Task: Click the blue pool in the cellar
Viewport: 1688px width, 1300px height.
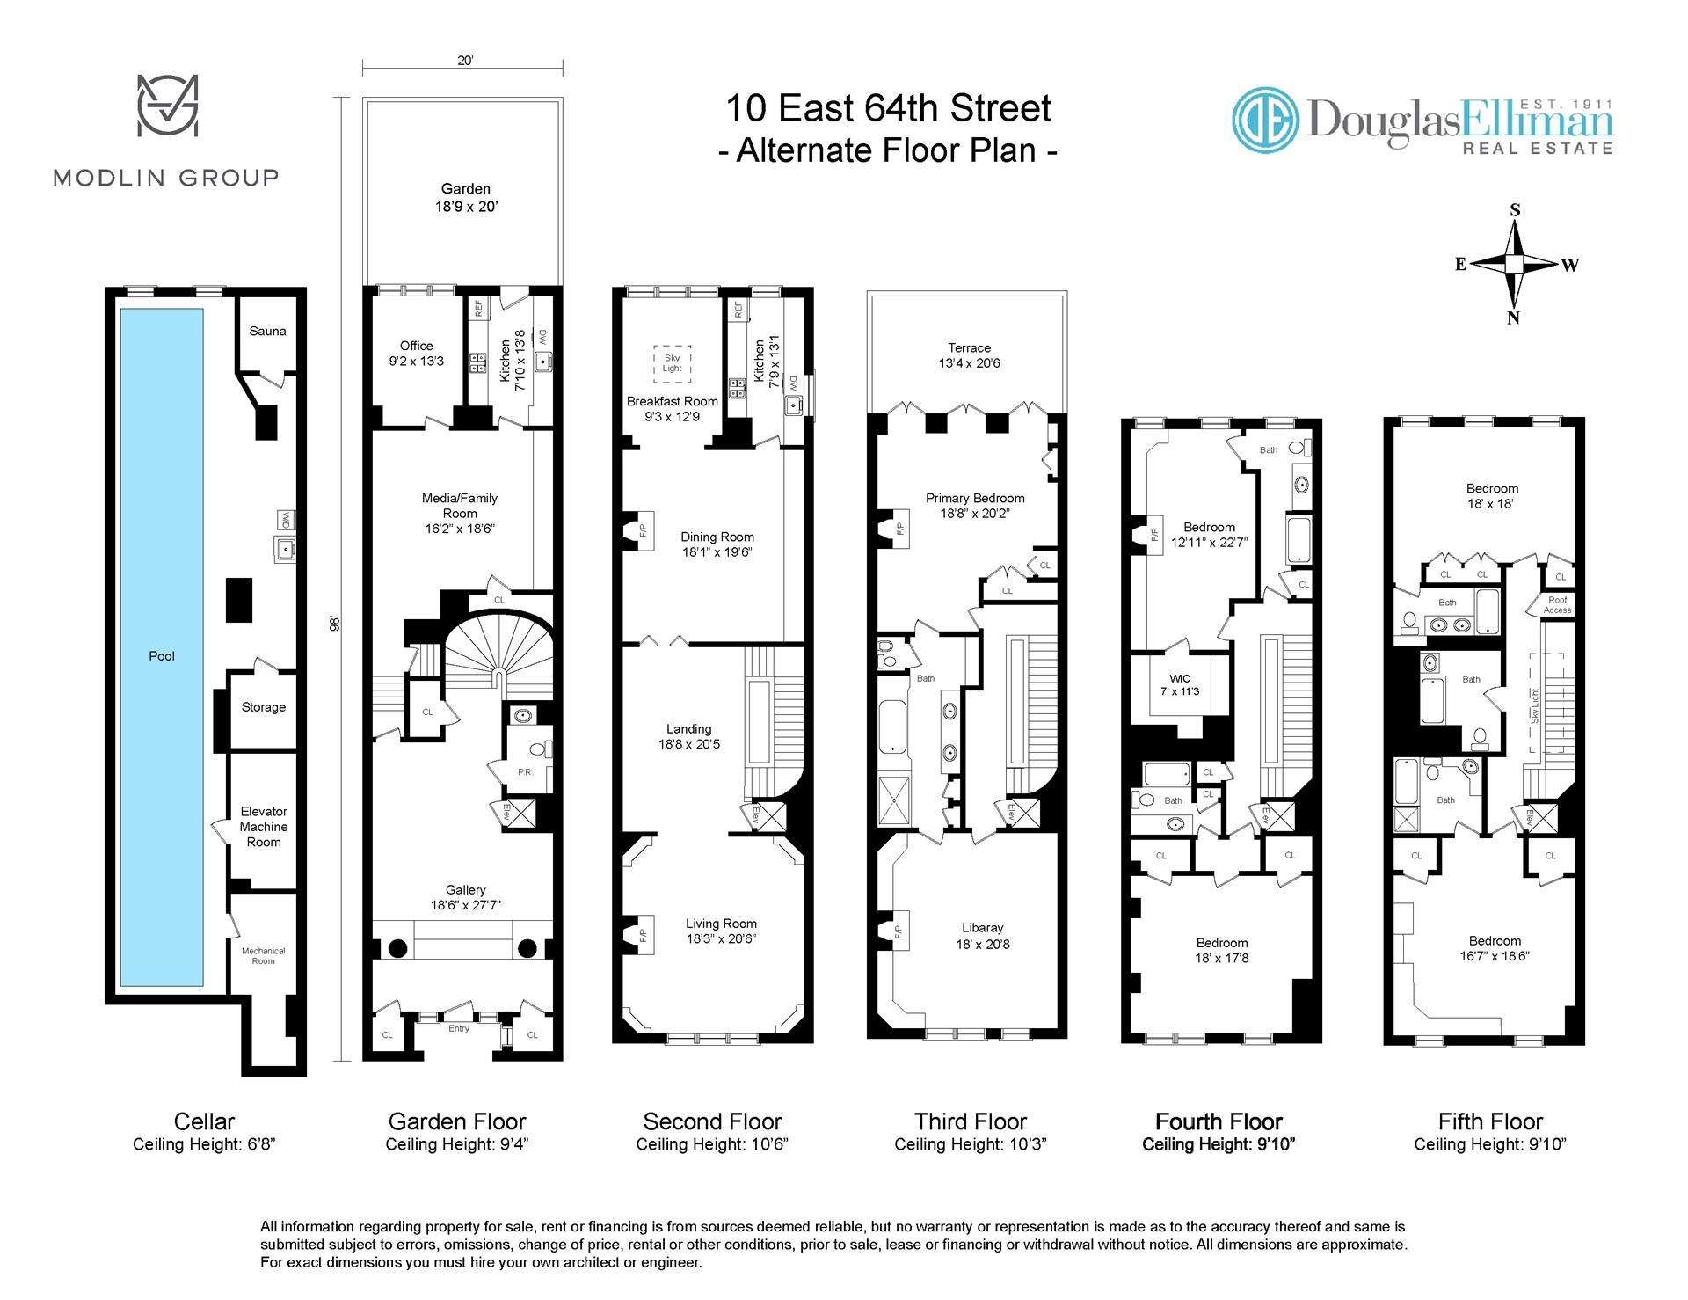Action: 162,647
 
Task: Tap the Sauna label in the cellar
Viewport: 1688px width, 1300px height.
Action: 267,331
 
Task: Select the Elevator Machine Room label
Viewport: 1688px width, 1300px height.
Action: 264,827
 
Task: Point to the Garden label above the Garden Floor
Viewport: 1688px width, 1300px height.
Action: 466,188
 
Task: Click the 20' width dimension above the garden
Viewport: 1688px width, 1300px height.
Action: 465,61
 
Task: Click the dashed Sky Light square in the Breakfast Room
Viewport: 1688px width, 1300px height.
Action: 673,364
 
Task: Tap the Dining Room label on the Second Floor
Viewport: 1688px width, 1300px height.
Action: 717,537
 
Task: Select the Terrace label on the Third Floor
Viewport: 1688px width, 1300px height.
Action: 970,347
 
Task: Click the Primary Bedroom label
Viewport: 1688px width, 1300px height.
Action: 975,498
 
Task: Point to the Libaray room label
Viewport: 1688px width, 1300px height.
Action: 982,927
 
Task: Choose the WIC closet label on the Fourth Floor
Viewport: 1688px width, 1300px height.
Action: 1180,678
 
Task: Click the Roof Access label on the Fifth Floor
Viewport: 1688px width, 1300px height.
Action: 1557,605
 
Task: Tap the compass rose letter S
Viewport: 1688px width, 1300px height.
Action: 1515,210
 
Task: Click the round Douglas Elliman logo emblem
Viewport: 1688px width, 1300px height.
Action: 1265,121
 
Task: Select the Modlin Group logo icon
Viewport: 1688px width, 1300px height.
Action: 167,106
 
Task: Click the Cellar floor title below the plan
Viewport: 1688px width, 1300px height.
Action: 205,1121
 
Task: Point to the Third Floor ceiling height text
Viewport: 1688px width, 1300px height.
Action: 971,1144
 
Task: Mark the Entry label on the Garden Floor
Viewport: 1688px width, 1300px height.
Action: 459,1027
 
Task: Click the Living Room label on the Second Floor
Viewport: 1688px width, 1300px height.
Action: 721,924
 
